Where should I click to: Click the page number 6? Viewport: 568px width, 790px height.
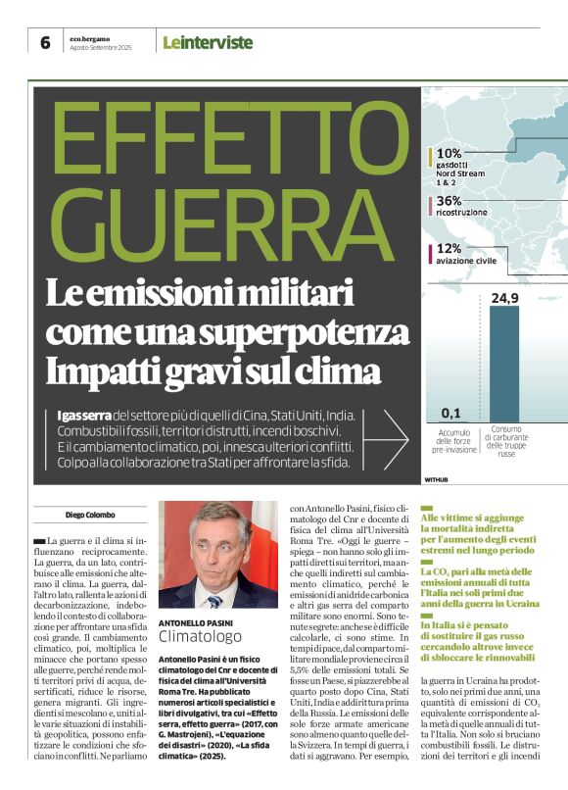(x=46, y=42)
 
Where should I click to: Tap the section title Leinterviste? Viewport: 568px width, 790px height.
(x=208, y=42)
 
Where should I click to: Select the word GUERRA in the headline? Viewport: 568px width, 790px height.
(x=200, y=222)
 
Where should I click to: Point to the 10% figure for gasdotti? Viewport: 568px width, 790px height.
(x=450, y=153)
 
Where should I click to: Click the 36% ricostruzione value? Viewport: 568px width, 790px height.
(x=450, y=200)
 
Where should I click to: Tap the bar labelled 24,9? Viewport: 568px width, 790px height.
(x=504, y=363)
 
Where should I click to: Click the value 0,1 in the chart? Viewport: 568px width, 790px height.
(x=450, y=412)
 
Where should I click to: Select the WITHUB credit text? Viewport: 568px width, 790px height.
(x=436, y=479)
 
